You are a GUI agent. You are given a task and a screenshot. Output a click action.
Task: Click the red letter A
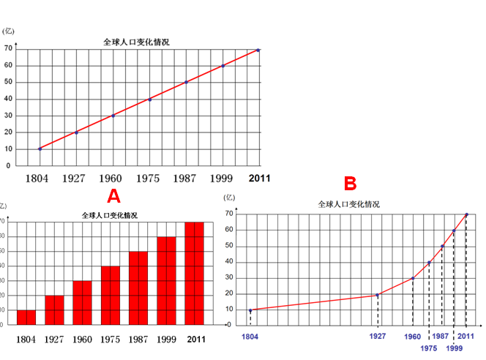tap(113, 195)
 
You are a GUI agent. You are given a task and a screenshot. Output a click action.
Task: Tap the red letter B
tap(351, 182)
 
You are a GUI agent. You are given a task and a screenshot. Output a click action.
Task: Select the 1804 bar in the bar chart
tap(26, 318)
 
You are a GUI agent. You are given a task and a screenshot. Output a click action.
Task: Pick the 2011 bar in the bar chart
tap(195, 274)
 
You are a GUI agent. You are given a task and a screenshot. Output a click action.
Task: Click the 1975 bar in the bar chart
tap(111, 296)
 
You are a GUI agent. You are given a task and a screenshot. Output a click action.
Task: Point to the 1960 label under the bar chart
tap(83, 340)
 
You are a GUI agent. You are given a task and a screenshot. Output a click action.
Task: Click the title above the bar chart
tap(109, 216)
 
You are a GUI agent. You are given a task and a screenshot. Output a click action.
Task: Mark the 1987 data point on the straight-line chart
tap(186, 82)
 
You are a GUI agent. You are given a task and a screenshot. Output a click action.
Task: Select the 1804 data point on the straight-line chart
tap(40, 149)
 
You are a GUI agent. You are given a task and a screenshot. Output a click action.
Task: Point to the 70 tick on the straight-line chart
tap(7, 49)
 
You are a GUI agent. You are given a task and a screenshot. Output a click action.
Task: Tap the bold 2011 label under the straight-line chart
tap(258, 179)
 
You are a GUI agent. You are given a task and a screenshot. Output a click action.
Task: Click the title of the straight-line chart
tap(136, 42)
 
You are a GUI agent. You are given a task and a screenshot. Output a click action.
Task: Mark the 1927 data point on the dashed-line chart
tap(377, 295)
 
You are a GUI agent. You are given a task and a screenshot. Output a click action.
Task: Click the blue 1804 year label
tap(250, 337)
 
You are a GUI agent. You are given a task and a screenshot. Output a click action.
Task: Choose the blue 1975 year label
tap(429, 349)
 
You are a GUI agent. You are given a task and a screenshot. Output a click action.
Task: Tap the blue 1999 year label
tap(454, 349)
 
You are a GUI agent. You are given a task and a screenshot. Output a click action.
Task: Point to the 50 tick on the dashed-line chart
tap(229, 246)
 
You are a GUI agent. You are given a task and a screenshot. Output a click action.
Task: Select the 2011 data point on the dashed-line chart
tap(466, 214)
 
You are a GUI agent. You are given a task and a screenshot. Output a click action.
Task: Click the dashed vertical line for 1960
tap(413, 303)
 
